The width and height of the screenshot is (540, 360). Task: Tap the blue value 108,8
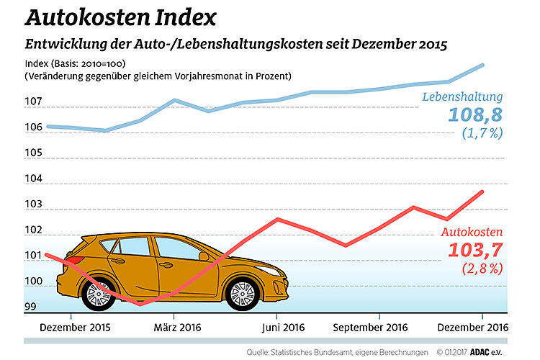pyautogui.click(x=474, y=114)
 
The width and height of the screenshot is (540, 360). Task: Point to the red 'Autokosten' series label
pyautogui.click(x=472, y=233)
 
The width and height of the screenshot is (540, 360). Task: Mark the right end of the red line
pyautogui.click(x=482, y=192)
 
